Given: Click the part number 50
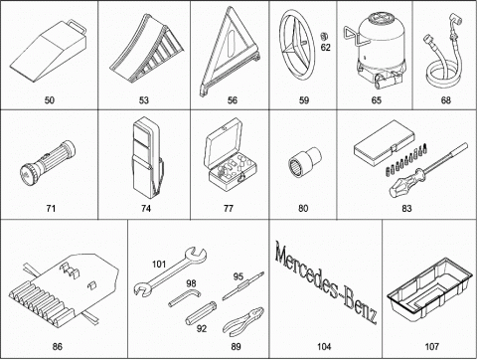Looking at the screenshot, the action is (x=50, y=100).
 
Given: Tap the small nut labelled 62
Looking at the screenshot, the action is (x=324, y=36).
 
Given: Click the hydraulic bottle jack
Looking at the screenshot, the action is (x=375, y=51).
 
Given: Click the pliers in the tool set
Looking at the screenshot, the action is (x=243, y=322).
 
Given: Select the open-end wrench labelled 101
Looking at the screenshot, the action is (x=170, y=271).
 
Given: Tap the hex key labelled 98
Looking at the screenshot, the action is (x=184, y=297).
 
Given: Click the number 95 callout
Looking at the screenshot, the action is (x=238, y=276).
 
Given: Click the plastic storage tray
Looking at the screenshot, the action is (x=429, y=290).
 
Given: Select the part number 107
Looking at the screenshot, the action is (x=431, y=347).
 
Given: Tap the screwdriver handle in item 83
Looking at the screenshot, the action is (x=407, y=182).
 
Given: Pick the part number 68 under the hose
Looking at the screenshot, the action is (x=446, y=100).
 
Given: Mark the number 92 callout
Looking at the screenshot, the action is (x=202, y=328).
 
